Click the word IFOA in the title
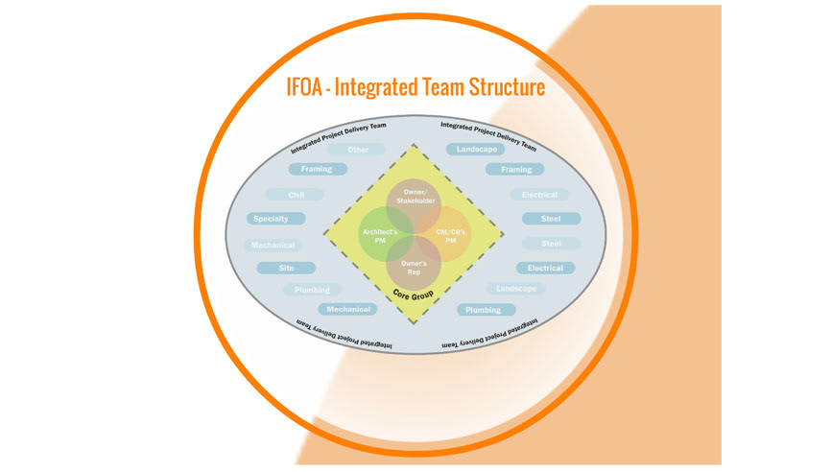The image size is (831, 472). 311,87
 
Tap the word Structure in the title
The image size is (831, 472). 500,87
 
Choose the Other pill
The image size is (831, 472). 356,149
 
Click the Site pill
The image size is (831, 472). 286,268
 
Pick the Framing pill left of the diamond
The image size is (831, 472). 317,169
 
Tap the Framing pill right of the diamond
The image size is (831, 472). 515,169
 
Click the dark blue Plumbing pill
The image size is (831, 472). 485,310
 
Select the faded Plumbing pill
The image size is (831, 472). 312,290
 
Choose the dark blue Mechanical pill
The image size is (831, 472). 348,310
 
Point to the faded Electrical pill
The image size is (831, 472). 539,195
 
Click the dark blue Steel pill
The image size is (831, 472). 551,219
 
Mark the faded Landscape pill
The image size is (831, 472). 516,289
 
